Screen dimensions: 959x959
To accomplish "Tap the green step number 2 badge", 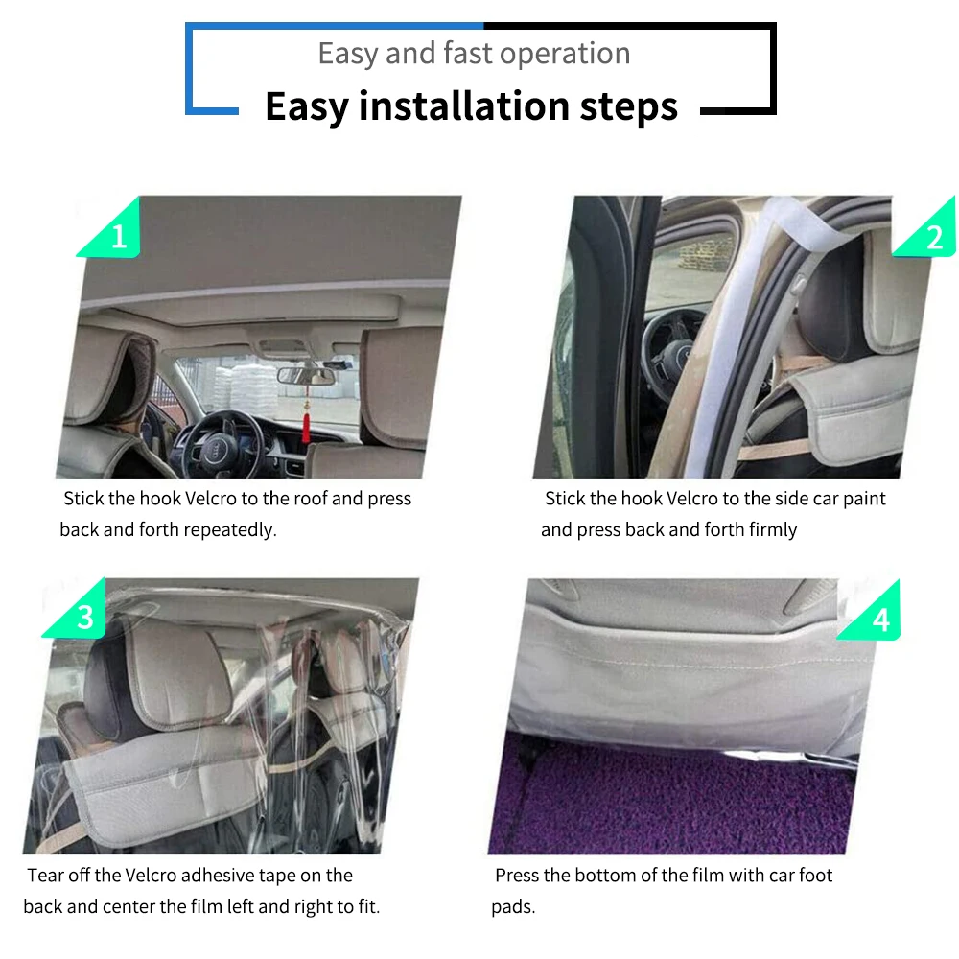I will tap(932, 236).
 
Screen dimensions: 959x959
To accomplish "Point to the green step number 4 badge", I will tap(878, 620).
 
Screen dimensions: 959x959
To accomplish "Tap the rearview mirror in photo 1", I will tap(302, 375).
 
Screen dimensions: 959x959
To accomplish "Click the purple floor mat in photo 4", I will tap(671, 796).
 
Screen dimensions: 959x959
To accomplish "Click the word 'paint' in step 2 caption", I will tap(860, 499).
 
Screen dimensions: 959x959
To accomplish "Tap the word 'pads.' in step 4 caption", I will tap(513, 907).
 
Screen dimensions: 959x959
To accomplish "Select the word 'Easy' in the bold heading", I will tap(305, 105).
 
